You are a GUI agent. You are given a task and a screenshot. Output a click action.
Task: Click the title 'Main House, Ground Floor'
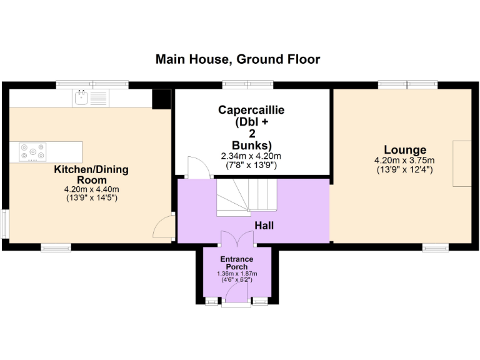[237, 59]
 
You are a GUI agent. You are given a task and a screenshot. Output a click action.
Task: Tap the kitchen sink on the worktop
[81, 97]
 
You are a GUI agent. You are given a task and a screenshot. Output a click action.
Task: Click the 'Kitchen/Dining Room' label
[91, 174]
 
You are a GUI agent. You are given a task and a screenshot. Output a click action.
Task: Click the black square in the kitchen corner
[161, 98]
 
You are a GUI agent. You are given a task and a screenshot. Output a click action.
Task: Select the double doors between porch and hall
[237, 239]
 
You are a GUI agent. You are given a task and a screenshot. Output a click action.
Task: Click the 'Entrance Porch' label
[237, 262]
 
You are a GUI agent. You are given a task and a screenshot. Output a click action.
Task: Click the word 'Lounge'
[405, 150]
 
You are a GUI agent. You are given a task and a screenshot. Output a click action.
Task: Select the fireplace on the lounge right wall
[462, 164]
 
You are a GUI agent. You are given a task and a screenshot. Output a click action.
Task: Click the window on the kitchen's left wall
[4, 224]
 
